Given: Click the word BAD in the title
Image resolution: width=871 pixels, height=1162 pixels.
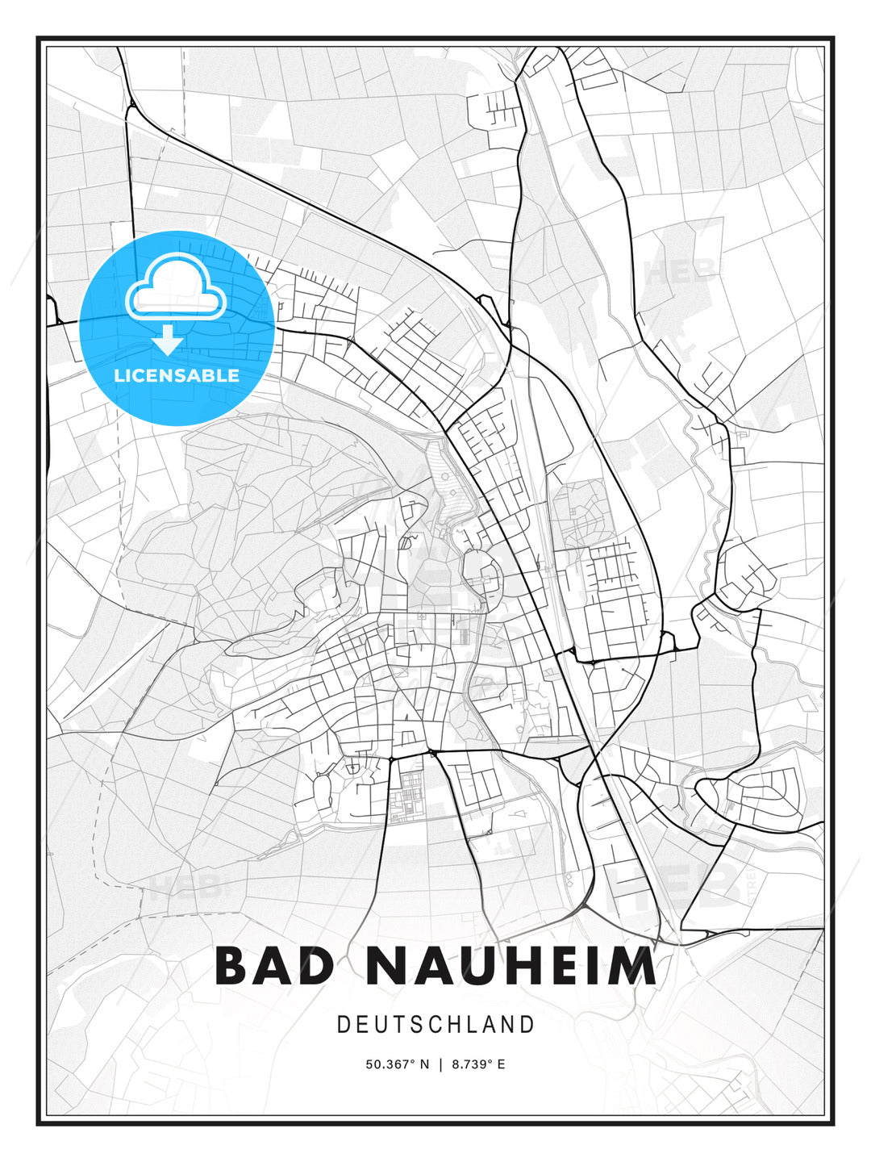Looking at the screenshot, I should pyautogui.click(x=274, y=965).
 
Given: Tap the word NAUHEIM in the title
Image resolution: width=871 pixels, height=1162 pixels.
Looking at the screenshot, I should pyautogui.click(x=511, y=965).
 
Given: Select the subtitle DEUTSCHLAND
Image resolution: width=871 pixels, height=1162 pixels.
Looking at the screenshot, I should pyautogui.click(x=435, y=1025).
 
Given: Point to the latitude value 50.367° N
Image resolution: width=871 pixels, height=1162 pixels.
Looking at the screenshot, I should pyautogui.click(x=397, y=1064).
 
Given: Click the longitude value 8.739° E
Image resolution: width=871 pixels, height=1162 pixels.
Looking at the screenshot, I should pyautogui.click(x=478, y=1064).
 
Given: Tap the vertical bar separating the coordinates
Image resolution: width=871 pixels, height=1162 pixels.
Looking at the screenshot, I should pyautogui.click(x=440, y=1064).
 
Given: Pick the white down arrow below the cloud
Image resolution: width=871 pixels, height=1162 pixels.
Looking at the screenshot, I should pyautogui.click(x=168, y=341).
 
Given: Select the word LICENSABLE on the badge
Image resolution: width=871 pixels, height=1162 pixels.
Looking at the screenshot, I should pyautogui.click(x=177, y=375).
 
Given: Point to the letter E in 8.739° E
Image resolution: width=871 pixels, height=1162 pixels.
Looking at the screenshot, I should pyautogui.click(x=501, y=1064).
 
